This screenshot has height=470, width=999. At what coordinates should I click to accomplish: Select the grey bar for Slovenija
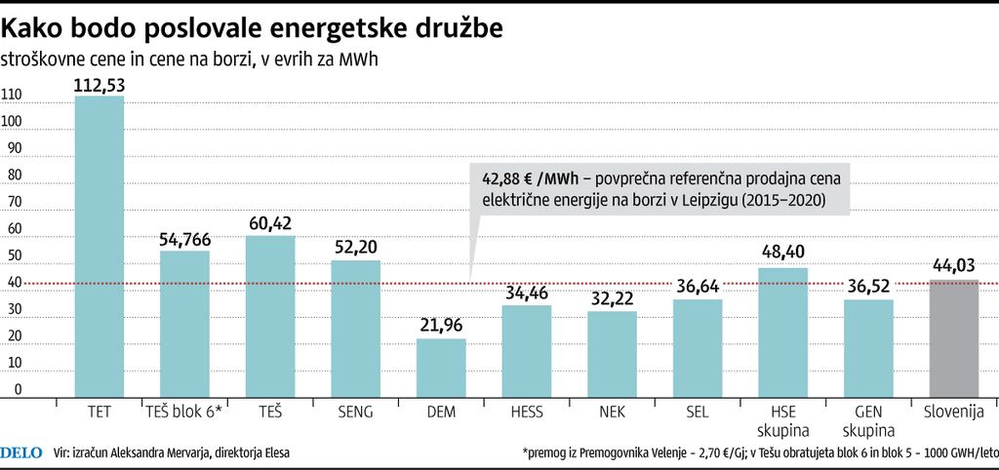(953, 337)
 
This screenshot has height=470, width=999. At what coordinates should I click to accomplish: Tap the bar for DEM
(441, 367)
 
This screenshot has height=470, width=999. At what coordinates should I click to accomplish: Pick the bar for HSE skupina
(782, 332)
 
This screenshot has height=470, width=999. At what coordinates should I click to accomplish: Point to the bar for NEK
(612, 353)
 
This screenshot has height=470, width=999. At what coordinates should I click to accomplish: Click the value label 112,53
(100, 85)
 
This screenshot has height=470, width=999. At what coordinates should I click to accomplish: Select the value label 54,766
(185, 239)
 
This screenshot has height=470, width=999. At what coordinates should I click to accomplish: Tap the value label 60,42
(270, 224)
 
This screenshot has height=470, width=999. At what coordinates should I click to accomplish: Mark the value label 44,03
(953, 268)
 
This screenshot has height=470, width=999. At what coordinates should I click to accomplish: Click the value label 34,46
(527, 293)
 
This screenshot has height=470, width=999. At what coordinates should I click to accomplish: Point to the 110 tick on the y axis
(12, 95)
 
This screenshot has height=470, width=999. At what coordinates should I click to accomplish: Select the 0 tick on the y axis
(17, 389)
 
